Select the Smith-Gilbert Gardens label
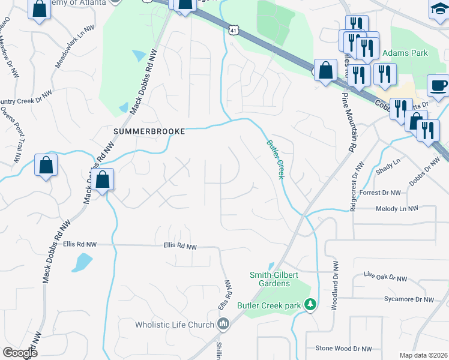pos(274,279)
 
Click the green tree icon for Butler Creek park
pos(310,305)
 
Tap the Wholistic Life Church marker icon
pos(223,325)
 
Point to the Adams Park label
pos(406,53)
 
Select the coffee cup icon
pos(437,85)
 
